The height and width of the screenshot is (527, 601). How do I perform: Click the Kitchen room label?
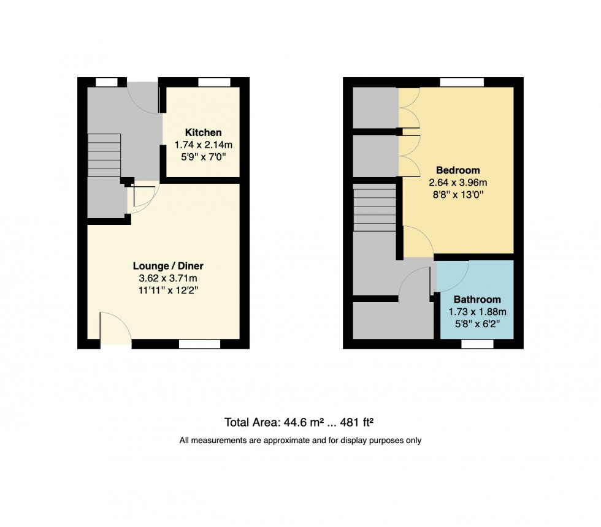203,132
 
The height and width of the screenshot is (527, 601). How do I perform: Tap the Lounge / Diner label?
168,266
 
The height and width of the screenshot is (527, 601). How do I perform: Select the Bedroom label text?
457,170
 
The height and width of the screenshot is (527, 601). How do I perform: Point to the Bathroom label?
477,300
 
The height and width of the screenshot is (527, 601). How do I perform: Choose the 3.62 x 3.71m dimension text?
168,278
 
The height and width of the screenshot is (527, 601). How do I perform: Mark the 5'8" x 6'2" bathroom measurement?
477,323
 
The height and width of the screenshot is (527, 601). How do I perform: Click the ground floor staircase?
104,156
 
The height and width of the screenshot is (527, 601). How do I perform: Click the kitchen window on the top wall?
214,82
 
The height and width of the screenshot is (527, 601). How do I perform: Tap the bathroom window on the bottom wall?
477,344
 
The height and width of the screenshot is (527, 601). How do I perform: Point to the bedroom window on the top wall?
462,82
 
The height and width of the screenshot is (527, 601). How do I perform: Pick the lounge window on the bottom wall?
200,344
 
